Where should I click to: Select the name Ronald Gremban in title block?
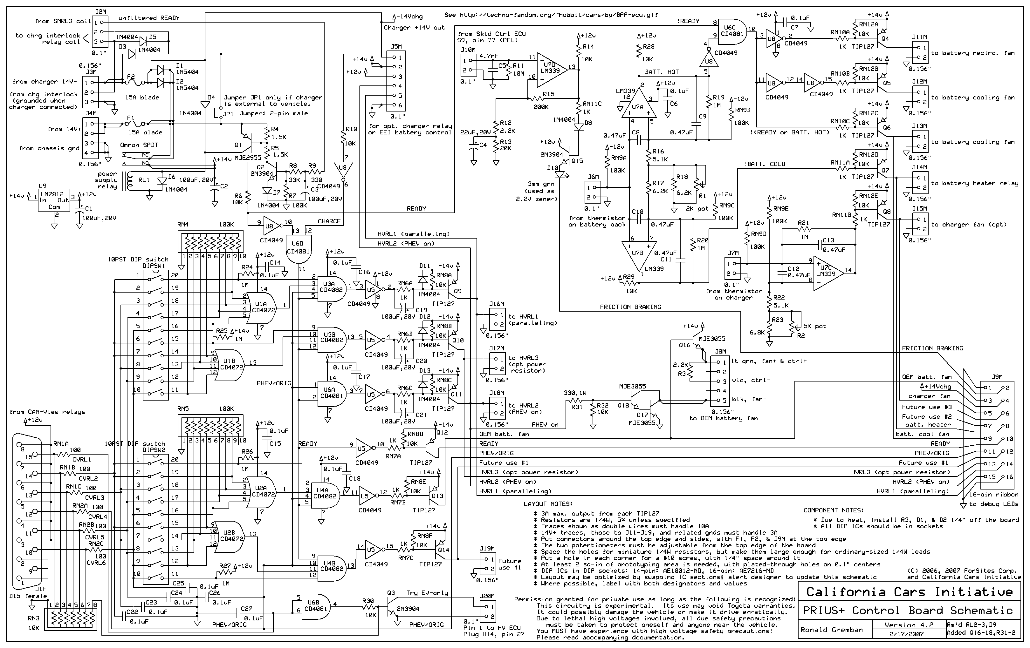832,630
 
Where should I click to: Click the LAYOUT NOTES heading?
547,504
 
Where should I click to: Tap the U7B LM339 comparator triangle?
638,254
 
